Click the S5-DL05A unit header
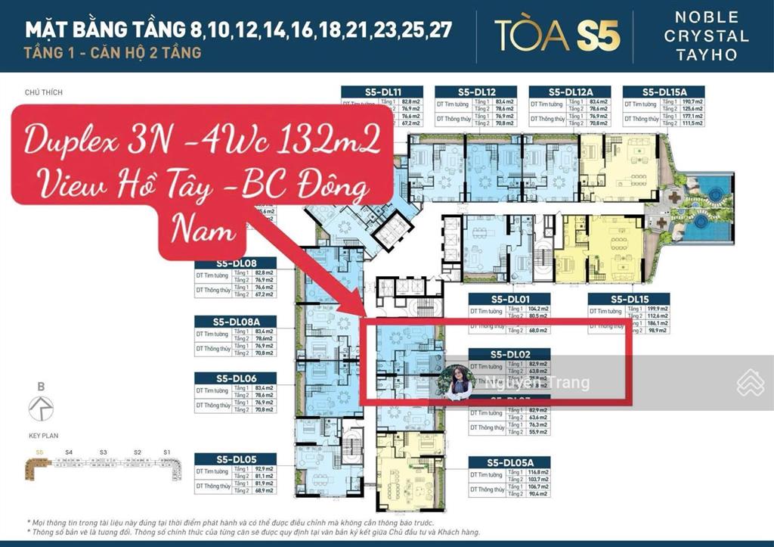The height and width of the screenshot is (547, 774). (x=509, y=462)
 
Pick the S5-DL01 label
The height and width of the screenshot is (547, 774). (x=509, y=299)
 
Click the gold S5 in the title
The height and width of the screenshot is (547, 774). (x=597, y=36)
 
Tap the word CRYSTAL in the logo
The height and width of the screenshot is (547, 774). (x=711, y=36)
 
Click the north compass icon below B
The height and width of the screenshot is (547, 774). (x=40, y=409)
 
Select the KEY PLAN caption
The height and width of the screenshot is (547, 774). (x=43, y=436)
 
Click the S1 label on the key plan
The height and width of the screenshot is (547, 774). (x=166, y=452)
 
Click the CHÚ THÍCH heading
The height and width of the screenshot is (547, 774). (x=43, y=93)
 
